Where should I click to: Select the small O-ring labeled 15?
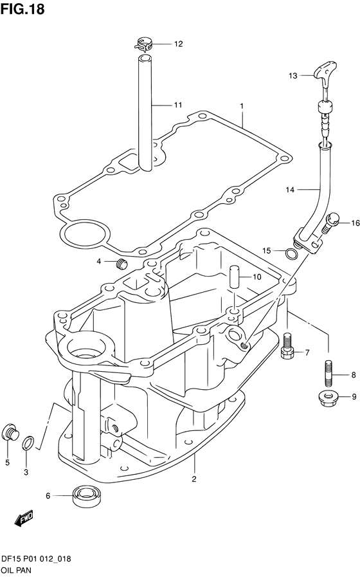click(x=290, y=253)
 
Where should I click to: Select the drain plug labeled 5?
click(x=11, y=434)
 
